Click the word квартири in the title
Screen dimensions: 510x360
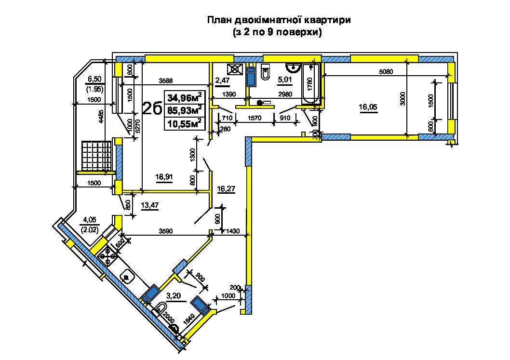tap(327, 20)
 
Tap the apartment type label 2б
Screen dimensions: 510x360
tap(152, 108)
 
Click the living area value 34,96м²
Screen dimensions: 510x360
tap(185, 97)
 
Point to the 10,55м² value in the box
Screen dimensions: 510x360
tap(185, 123)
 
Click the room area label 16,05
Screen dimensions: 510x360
tap(368, 107)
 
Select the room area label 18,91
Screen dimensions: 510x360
tap(164, 177)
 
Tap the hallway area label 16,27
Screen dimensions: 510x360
tap(226, 189)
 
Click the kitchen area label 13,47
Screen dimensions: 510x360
tap(150, 205)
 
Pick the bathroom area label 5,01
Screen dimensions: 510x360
tap(284, 80)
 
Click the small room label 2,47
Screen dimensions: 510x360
tap(223, 80)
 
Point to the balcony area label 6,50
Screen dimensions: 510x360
tap(94, 79)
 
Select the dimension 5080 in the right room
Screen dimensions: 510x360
tap(386, 71)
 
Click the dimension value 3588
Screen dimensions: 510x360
tap(165, 80)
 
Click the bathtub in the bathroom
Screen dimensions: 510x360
tap(311, 84)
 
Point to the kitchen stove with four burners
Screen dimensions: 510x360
tap(108, 256)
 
